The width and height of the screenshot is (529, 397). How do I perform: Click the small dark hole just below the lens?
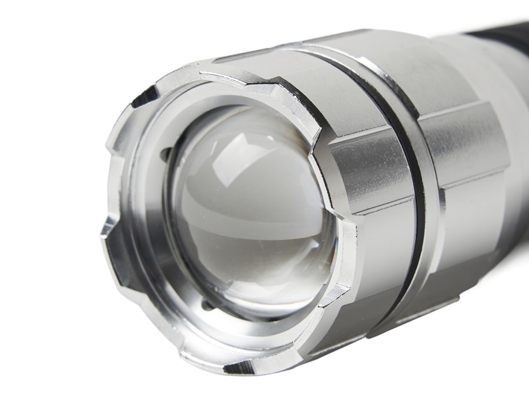[x=206, y=305]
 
